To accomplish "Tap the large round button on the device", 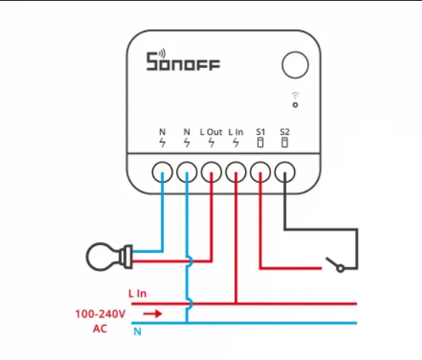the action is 295,65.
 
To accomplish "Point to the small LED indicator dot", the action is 295,105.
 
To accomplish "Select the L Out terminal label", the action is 211,132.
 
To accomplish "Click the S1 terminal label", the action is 260,132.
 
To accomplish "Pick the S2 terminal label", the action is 284,132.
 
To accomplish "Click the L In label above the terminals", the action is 236,132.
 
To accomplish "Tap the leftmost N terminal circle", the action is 162,172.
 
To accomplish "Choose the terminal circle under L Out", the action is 211,172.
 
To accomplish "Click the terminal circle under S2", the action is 285,172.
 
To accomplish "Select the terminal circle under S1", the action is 260,172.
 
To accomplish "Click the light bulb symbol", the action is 109,257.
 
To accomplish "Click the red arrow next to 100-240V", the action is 152,314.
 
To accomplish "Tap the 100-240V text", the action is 100,314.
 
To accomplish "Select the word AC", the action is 100,329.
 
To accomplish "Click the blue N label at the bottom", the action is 137,332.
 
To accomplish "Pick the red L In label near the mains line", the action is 137,293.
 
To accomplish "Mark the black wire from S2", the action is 321,230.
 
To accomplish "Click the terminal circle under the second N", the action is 187,172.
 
